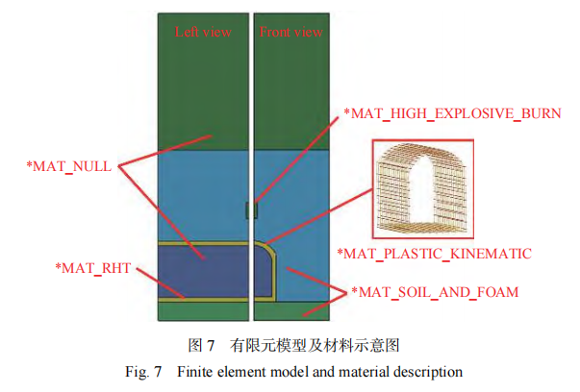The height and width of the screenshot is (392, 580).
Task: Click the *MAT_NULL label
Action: click(x=69, y=166)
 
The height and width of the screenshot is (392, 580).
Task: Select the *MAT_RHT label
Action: click(x=93, y=268)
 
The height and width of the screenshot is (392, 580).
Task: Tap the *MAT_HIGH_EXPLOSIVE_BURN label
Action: click(x=452, y=113)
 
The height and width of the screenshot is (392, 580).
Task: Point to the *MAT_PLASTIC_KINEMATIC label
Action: click(x=434, y=254)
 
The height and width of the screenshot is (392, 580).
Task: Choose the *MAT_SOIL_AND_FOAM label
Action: click(x=435, y=292)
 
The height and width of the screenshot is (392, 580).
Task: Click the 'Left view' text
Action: click(x=203, y=32)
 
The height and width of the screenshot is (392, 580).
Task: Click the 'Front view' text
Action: click(x=290, y=32)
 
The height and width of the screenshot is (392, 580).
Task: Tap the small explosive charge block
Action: click(x=252, y=210)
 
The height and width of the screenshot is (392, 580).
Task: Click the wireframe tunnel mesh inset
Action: click(x=423, y=188)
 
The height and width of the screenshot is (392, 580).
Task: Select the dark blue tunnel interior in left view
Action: click(x=203, y=272)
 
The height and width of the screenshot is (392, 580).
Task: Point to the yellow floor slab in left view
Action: click(x=203, y=300)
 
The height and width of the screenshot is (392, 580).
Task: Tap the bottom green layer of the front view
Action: click(x=291, y=311)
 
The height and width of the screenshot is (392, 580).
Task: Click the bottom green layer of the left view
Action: click(x=203, y=311)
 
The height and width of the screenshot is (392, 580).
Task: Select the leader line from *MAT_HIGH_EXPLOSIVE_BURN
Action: click(x=296, y=160)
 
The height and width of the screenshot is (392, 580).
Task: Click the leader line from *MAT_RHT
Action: click(x=161, y=283)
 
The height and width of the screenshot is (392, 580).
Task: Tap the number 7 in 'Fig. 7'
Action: click(x=158, y=372)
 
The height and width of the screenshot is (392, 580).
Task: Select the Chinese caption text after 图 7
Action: click(x=315, y=346)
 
